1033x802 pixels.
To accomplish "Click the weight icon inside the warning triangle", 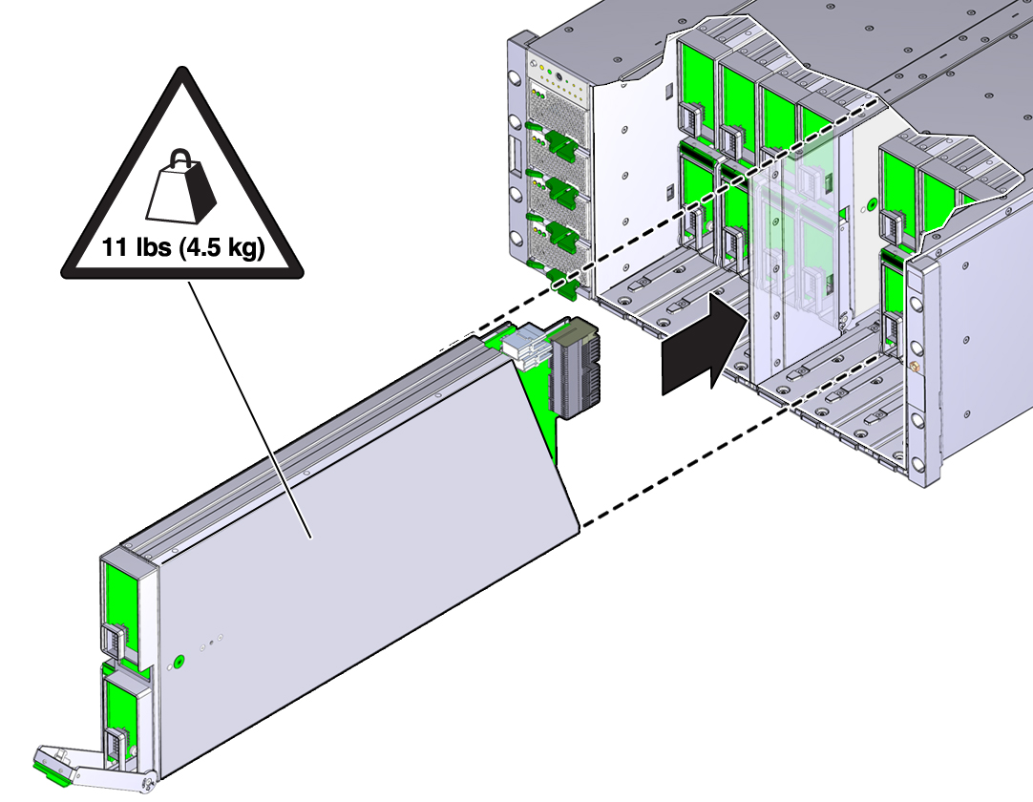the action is tap(181, 187).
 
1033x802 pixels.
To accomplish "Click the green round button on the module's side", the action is tap(178, 661).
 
